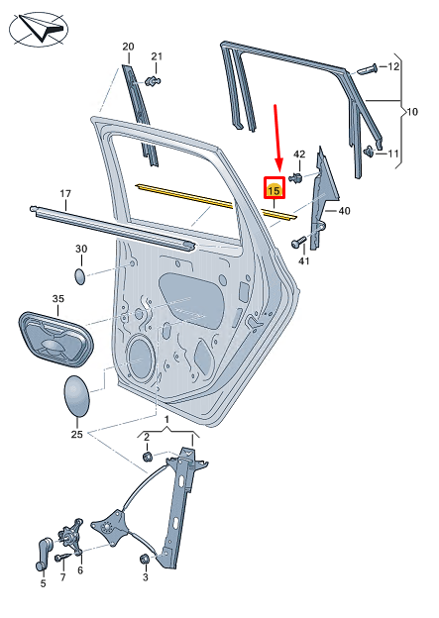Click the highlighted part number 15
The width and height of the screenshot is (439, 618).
[x=274, y=191]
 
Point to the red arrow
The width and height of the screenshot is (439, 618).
[x=277, y=138]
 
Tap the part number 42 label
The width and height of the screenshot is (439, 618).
[x=299, y=154]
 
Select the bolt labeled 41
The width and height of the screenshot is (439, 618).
[x=298, y=242]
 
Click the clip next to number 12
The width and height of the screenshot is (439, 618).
[x=368, y=69]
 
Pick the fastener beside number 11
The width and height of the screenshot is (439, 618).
[x=370, y=151]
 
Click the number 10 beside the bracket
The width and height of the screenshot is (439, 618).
[x=412, y=112]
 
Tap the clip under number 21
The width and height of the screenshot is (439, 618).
[x=153, y=81]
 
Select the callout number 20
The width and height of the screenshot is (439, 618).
[x=128, y=47]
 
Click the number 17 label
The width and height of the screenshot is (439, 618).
[x=65, y=193]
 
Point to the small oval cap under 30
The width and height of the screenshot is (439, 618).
[x=80, y=276]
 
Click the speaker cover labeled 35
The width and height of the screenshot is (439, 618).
[x=55, y=340]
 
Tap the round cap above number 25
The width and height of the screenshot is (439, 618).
[x=76, y=396]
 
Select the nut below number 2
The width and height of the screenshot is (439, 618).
[x=147, y=457]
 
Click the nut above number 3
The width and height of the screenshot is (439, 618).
[x=145, y=559]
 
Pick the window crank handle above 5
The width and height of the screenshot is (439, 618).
[x=44, y=552]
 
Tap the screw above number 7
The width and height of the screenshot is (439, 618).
[x=63, y=558]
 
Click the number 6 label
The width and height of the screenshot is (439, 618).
[x=80, y=569]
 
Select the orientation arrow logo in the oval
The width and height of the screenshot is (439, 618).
[x=39, y=29]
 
